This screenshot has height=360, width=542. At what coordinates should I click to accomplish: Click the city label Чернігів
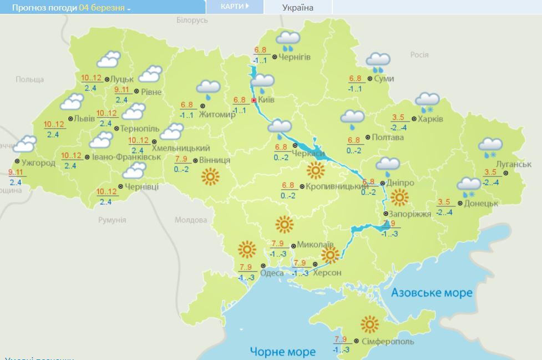(x=295, y=57)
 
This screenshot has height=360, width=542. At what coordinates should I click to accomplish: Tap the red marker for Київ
(x=254, y=100)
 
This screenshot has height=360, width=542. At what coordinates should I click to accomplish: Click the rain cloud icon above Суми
(x=378, y=62)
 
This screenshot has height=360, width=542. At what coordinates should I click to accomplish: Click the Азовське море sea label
(x=432, y=292)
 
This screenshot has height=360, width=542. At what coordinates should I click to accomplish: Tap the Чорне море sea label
(x=282, y=351)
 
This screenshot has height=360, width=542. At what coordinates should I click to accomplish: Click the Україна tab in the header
(x=297, y=7)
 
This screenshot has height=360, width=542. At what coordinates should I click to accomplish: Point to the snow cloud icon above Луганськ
(x=490, y=146)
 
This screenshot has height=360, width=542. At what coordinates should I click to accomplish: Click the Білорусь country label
(x=192, y=20)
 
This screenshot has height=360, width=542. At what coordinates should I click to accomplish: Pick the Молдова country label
(x=191, y=220)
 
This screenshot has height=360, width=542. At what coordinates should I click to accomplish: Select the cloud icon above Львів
(x=72, y=102)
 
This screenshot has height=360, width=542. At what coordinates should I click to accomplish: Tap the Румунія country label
(x=112, y=220)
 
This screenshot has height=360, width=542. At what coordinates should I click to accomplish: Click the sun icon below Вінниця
(x=210, y=177)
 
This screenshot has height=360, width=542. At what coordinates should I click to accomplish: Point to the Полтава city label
(x=388, y=138)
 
